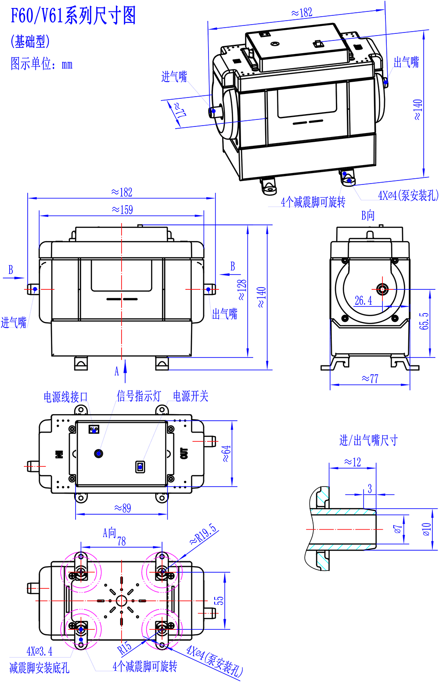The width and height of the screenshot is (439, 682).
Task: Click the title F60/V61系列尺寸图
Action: pyautogui.click(x=73, y=16)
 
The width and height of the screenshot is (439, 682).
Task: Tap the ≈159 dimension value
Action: pyautogui.click(x=122, y=210)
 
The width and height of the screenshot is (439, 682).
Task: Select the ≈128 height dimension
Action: pyautogui.click(x=242, y=290)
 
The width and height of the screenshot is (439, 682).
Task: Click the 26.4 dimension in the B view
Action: pyautogui.click(x=363, y=301)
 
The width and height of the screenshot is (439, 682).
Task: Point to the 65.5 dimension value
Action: pyautogui.click(x=424, y=321)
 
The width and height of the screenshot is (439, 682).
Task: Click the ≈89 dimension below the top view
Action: pyautogui.click(x=122, y=509)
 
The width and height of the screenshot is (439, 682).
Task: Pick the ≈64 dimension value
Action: pyautogui.click(x=226, y=454)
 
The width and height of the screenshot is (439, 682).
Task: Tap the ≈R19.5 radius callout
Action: pyautogui.click(x=203, y=534)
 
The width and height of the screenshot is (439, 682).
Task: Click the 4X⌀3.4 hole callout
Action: pyautogui.click(x=40, y=651)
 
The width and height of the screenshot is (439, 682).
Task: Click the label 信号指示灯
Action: pyautogui.click(x=139, y=396)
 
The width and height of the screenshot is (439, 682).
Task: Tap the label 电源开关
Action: pyautogui.click(x=191, y=396)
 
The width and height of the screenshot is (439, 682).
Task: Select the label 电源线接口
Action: pyautogui.click(x=66, y=397)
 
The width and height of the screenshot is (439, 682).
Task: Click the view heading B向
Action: pyautogui.click(x=368, y=215)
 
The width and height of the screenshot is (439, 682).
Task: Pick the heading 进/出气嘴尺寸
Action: pyautogui.click(x=368, y=440)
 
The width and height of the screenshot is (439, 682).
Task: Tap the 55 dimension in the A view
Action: pyautogui.click(x=218, y=600)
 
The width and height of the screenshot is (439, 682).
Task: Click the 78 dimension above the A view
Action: pyautogui.click(x=122, y=541)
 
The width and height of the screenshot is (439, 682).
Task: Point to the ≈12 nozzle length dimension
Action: pyautogui.click(x=352, y=462)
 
